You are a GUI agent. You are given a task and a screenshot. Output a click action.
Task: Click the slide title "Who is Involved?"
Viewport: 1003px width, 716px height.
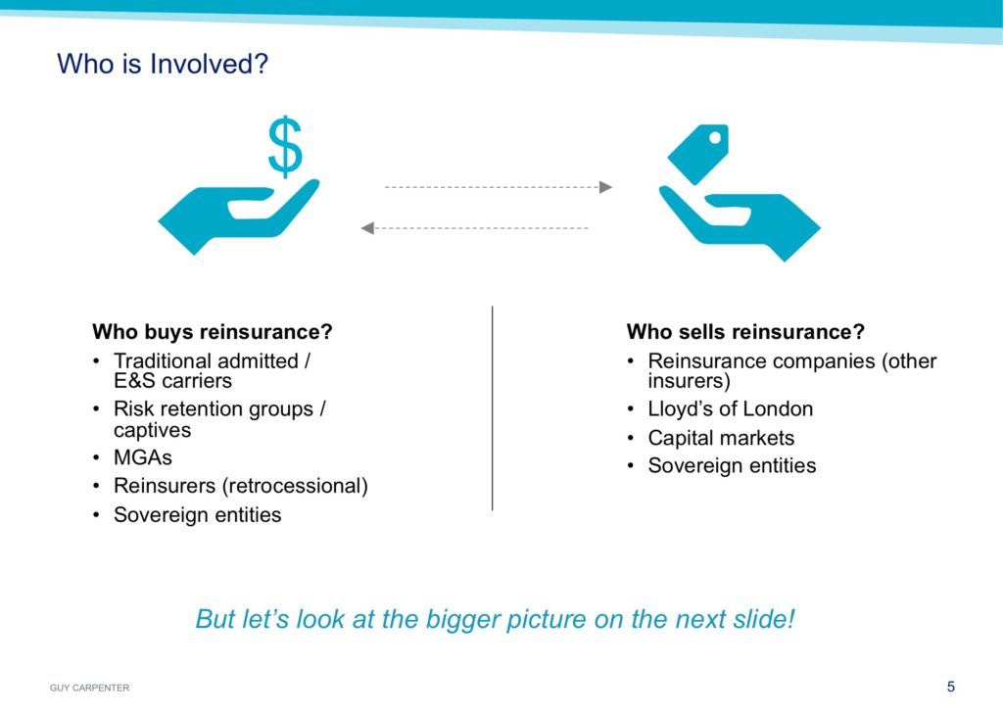163,64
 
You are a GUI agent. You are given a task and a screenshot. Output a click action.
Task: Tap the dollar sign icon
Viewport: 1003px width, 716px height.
285,147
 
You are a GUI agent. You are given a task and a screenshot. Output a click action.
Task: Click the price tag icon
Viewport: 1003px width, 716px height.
697,154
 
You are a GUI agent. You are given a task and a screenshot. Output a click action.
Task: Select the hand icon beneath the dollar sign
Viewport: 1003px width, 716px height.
238,216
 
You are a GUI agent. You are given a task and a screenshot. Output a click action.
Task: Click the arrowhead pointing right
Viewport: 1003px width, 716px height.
605,187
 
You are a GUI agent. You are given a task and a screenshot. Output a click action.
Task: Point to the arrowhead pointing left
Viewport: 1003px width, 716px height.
367,228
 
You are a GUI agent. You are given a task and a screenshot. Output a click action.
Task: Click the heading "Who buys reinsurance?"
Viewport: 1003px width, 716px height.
213,332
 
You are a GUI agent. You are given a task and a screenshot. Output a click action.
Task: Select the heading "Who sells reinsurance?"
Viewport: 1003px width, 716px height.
745,332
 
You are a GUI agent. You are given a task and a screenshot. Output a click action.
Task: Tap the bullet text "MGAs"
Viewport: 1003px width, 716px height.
143,457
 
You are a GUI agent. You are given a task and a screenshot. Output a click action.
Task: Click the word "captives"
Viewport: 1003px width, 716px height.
152,430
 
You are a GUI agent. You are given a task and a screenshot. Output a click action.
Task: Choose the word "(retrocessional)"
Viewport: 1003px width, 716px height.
295,486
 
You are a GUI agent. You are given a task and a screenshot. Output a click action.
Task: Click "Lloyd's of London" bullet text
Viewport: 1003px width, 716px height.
731,408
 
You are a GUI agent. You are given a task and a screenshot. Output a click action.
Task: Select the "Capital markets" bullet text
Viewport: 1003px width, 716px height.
721,438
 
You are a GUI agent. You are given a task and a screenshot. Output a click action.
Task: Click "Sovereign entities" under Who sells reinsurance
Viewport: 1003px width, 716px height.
732,465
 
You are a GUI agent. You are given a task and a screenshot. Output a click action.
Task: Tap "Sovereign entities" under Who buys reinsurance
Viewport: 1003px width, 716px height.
198,514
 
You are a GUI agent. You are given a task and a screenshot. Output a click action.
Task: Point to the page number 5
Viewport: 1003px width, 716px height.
950,687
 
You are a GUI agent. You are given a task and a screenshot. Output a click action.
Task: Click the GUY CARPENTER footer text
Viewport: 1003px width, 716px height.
89,688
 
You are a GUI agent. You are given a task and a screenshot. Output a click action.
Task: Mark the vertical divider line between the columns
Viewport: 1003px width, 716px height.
492,408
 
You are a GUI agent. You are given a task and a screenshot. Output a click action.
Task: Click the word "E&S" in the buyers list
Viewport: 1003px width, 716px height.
135,381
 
